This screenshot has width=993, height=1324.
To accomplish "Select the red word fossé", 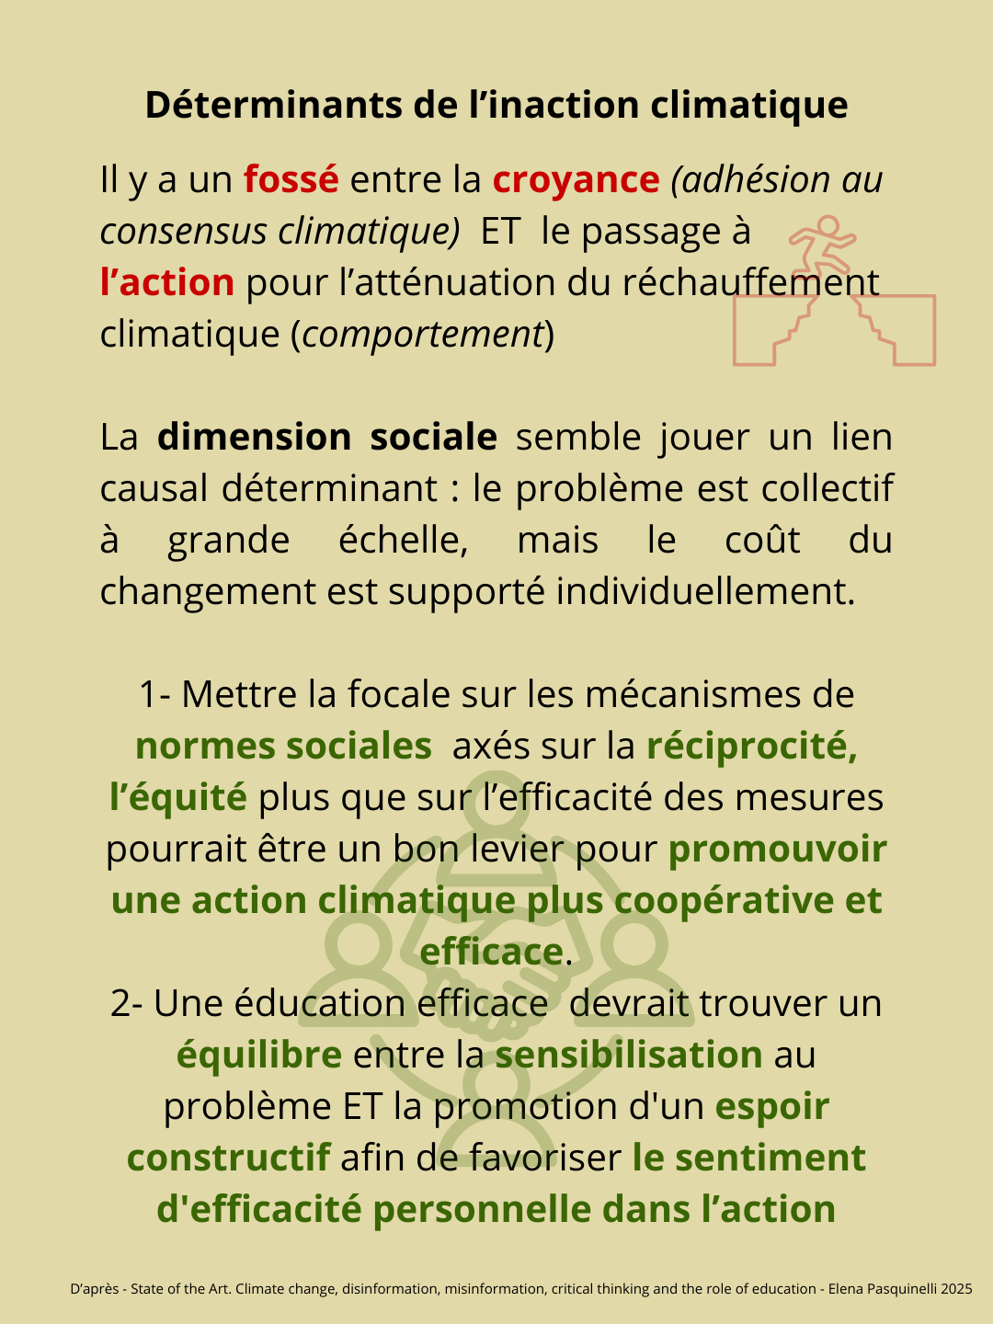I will coord(291,179).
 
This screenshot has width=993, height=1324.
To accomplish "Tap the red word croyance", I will coord(576,180).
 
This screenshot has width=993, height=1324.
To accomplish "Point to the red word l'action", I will coord(167,282).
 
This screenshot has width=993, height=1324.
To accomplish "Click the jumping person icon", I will coord(824,244).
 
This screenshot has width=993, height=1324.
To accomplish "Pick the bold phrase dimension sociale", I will coord(327,437).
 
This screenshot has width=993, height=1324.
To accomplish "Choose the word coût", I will coord(761,540).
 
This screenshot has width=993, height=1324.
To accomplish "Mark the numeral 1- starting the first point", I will coord(154,694).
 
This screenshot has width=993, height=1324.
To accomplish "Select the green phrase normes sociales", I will coord(283,746).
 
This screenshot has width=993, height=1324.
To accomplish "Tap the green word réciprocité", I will coord(751,746).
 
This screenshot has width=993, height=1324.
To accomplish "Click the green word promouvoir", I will coord(777,849).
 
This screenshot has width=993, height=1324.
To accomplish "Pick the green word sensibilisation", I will coord(629,1055).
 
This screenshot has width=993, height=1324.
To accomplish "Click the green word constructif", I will coord(228,1158).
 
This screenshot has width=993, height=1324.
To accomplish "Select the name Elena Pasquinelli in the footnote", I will coord(882,1289).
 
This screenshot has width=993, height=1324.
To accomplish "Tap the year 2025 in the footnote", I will coord(956,1289).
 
